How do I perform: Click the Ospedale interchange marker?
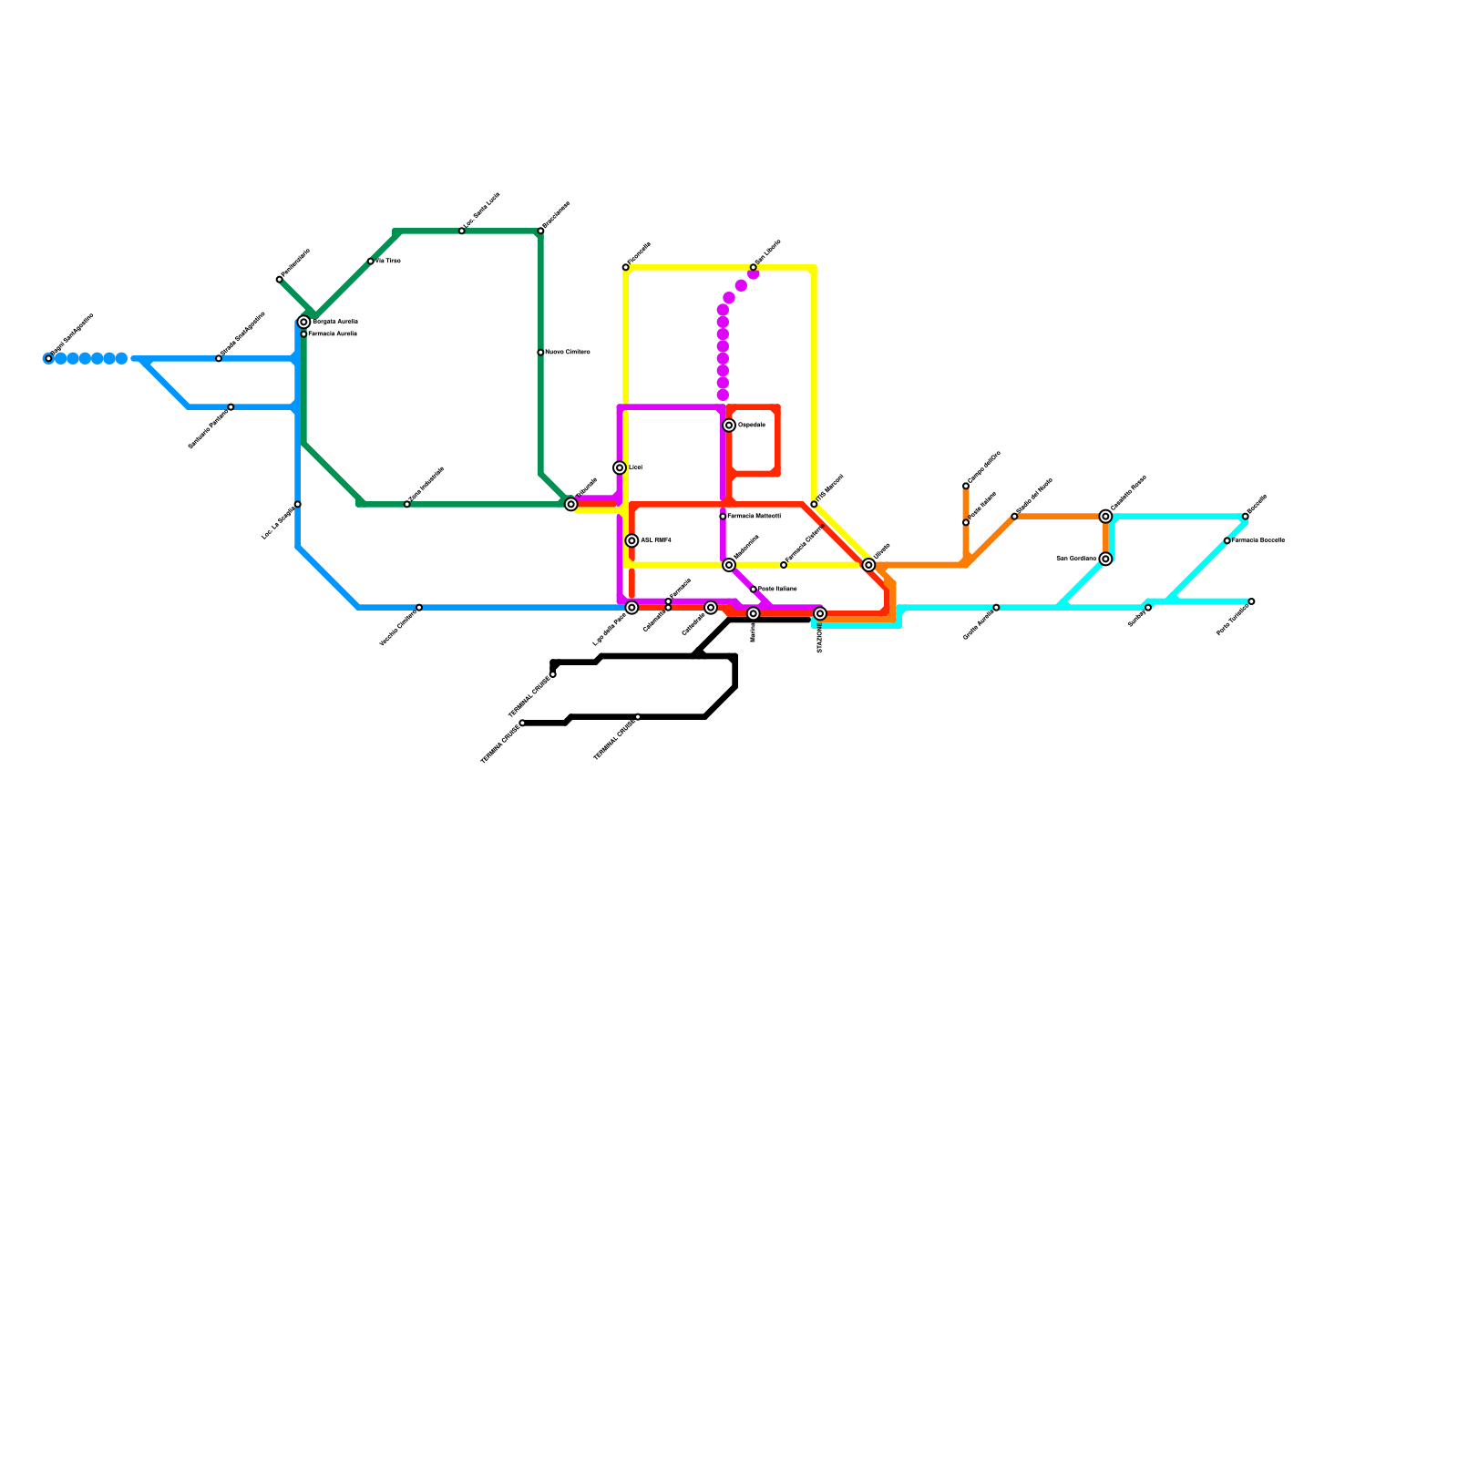pyautogui.click(x=729, y=426)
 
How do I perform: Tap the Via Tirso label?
pyautogui.click(x=388, y=262)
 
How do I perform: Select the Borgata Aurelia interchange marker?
pyautogui.click(x=303, y=322)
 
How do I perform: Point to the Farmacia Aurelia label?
pyautogui.click(x=333, y=334)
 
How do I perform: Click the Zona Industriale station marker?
pyautogui.click(x=407, y=504)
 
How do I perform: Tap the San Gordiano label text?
pyautogui.click(x=1076, y=559)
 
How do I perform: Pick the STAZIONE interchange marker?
pyautogui.click(x=820, y=614)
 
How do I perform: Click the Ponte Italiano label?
pyautogui.click(x=777, y=590)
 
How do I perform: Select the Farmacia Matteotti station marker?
pyautogui.click(x=723, y=517)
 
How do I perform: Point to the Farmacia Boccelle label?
pyautogui.click(x=1258, y=541)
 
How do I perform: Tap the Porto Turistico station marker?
pyautogui.click(x=1251, y=601)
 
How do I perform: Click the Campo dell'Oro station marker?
pyautogui.click(x=966, y=486)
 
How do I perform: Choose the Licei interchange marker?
pyautogui.click(x=620, y=468)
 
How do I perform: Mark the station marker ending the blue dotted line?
pyautogui.click(x=48, y=358)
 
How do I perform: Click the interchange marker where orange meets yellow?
pyautogui.click(x=868, y=565)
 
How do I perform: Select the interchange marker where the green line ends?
pyautogui.click(x=571, y=504)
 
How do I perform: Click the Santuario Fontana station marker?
pyautogui.click(x=231, y=407)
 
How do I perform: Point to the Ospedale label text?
pyautogui.click(x=752, y=426)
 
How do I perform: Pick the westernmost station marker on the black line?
pyautogui.click(x=522, y=724)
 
